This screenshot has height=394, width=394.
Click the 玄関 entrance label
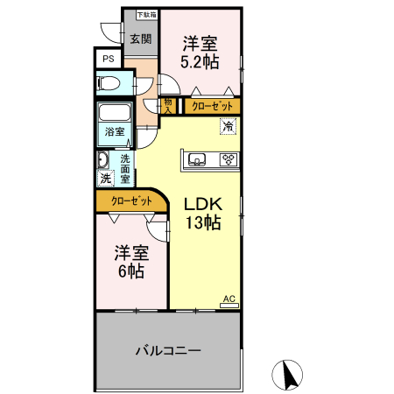pyautogui.click(x=140, y=39)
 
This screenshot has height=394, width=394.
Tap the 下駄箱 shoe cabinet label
pyautogui.click(x=146, y=15)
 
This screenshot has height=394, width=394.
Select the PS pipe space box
pyautogui.click(x=108, y=59)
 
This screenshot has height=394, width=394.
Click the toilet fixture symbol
pyautogui.click(x=108, y=84)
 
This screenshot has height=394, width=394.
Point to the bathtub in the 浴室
pyautogui.click(x=114, y=114)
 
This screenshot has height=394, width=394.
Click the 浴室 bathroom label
pyautogui.click(x=114, y=132)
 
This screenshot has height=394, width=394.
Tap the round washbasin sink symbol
pyautogui.click(x=102, y=160)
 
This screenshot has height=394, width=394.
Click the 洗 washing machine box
pyautogui.click(x=106, y=178)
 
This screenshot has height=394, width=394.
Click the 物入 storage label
pyautogui.click(x=166, y=106)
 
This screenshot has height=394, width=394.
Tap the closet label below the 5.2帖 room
pyautogui.click(x=211, y=106)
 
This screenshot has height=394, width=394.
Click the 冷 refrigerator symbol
pyautogui.click(x=228, y=127)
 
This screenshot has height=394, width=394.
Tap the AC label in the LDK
pyautogui.click(x=229, y=299)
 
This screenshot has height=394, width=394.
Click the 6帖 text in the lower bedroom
pyautogui.click(x=131, y=271)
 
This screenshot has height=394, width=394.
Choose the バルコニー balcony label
pyautogui.click(x=168, y=350)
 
